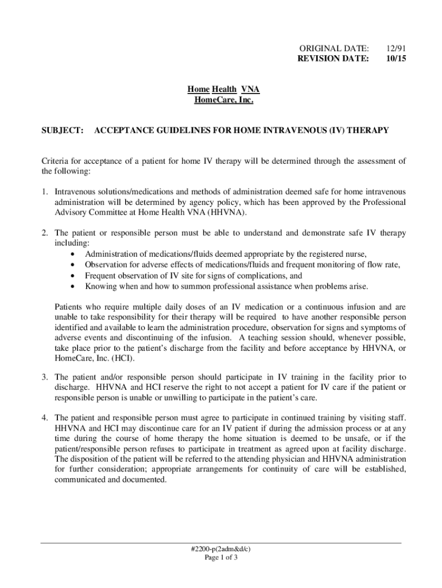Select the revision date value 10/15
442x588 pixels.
pos(396,58)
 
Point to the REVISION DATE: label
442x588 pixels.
pos(334,58)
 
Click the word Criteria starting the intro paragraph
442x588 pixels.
pos(56,161)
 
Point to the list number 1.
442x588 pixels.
pos(44,191)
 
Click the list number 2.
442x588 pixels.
pos(44,233)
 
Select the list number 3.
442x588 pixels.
pos(44,377)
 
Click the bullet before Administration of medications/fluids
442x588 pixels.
pos(72,254)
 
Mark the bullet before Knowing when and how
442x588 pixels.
pos(72,287)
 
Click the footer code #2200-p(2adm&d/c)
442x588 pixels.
pos(221,548)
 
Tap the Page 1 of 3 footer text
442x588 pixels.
pos(221,558)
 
